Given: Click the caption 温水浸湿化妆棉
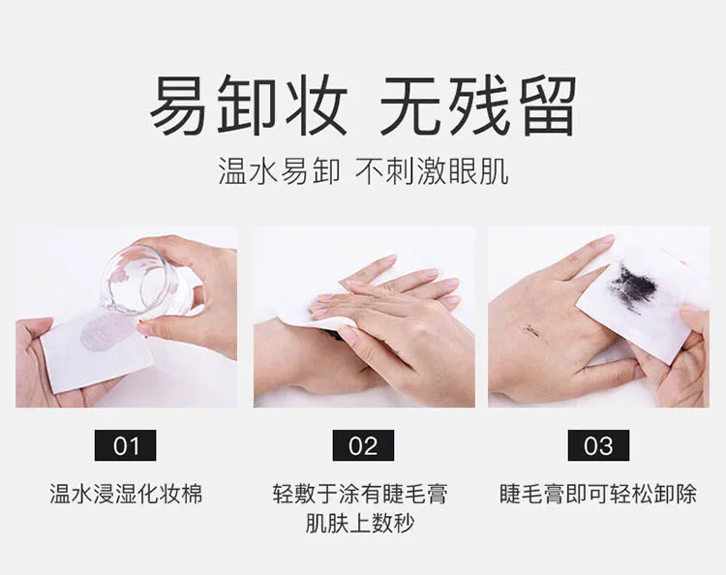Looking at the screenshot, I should [x=127, y=494].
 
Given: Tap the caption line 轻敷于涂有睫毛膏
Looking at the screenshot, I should [x=363, y=494].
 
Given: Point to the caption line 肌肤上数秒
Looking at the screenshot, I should [x=363, y=526].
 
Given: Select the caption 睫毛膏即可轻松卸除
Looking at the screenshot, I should [x=598, y=494].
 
